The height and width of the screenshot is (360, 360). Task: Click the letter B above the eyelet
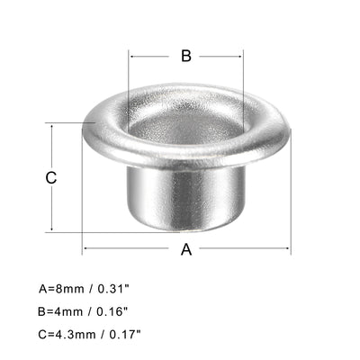[186, 56]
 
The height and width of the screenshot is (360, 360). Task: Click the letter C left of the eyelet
[51, 177]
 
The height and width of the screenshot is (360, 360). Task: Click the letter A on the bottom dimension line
[187, 249]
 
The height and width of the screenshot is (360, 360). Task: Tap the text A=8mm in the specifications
[61, 290]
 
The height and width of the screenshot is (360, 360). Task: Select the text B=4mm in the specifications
[61, 310]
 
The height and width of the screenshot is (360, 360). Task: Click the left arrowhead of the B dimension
[132, 56]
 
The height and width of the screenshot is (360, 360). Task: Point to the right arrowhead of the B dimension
[240, 56]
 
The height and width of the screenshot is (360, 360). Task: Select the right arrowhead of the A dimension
[288, 249]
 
